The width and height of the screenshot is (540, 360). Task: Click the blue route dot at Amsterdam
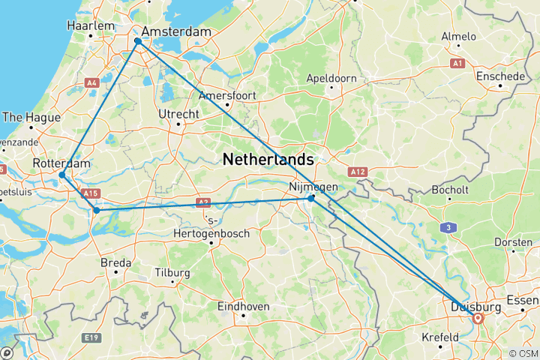(x=138, y=42)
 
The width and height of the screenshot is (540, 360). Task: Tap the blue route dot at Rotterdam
(x=62, y=175)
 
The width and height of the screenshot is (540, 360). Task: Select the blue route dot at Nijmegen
(x=311, y=198)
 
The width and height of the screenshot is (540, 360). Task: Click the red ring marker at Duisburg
(x=478, y=318)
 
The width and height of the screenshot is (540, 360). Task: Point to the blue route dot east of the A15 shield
(x=96, y=210)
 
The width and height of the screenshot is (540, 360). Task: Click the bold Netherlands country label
(x=268, y=159)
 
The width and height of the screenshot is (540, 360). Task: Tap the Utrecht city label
(x=178, y=114)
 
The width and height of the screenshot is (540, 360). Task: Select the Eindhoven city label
(x=243, y=306)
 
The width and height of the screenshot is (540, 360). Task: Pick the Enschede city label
(x=500, y=76)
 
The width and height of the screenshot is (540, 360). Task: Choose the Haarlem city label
(x=90, y=25)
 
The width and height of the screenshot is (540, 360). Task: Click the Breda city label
(x=115, y=262)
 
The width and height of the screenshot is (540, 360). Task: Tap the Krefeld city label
(x=439, y=337)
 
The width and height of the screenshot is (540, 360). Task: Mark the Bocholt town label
(x=450, y=190)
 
